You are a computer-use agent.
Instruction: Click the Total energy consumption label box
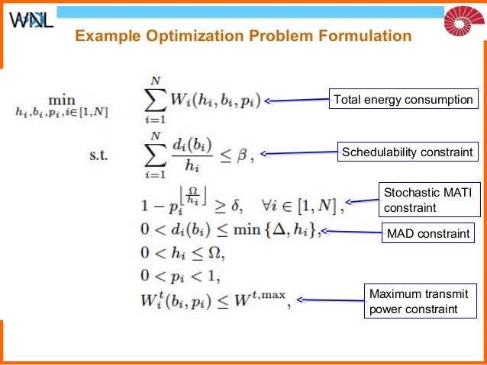click(x=403, y=100)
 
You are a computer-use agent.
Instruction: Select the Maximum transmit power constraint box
click(x=414, y=301)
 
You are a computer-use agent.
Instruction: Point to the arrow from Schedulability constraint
click(x=299, y=152)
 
